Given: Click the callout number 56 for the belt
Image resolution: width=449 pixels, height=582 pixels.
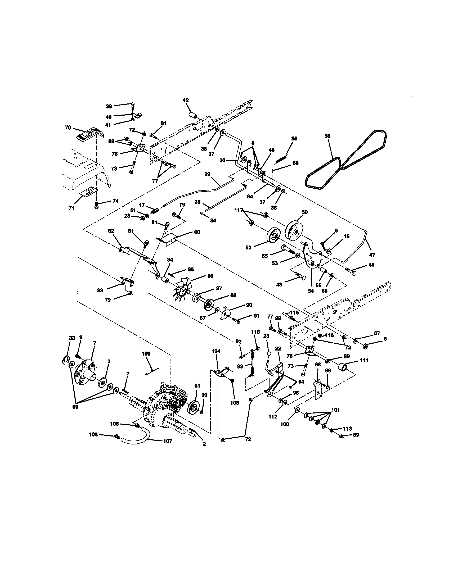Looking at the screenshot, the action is [327, 136].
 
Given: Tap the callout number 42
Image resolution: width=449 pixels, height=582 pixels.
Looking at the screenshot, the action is [186, 100].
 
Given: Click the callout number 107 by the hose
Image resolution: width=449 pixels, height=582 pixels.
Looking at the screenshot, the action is [167, 441].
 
